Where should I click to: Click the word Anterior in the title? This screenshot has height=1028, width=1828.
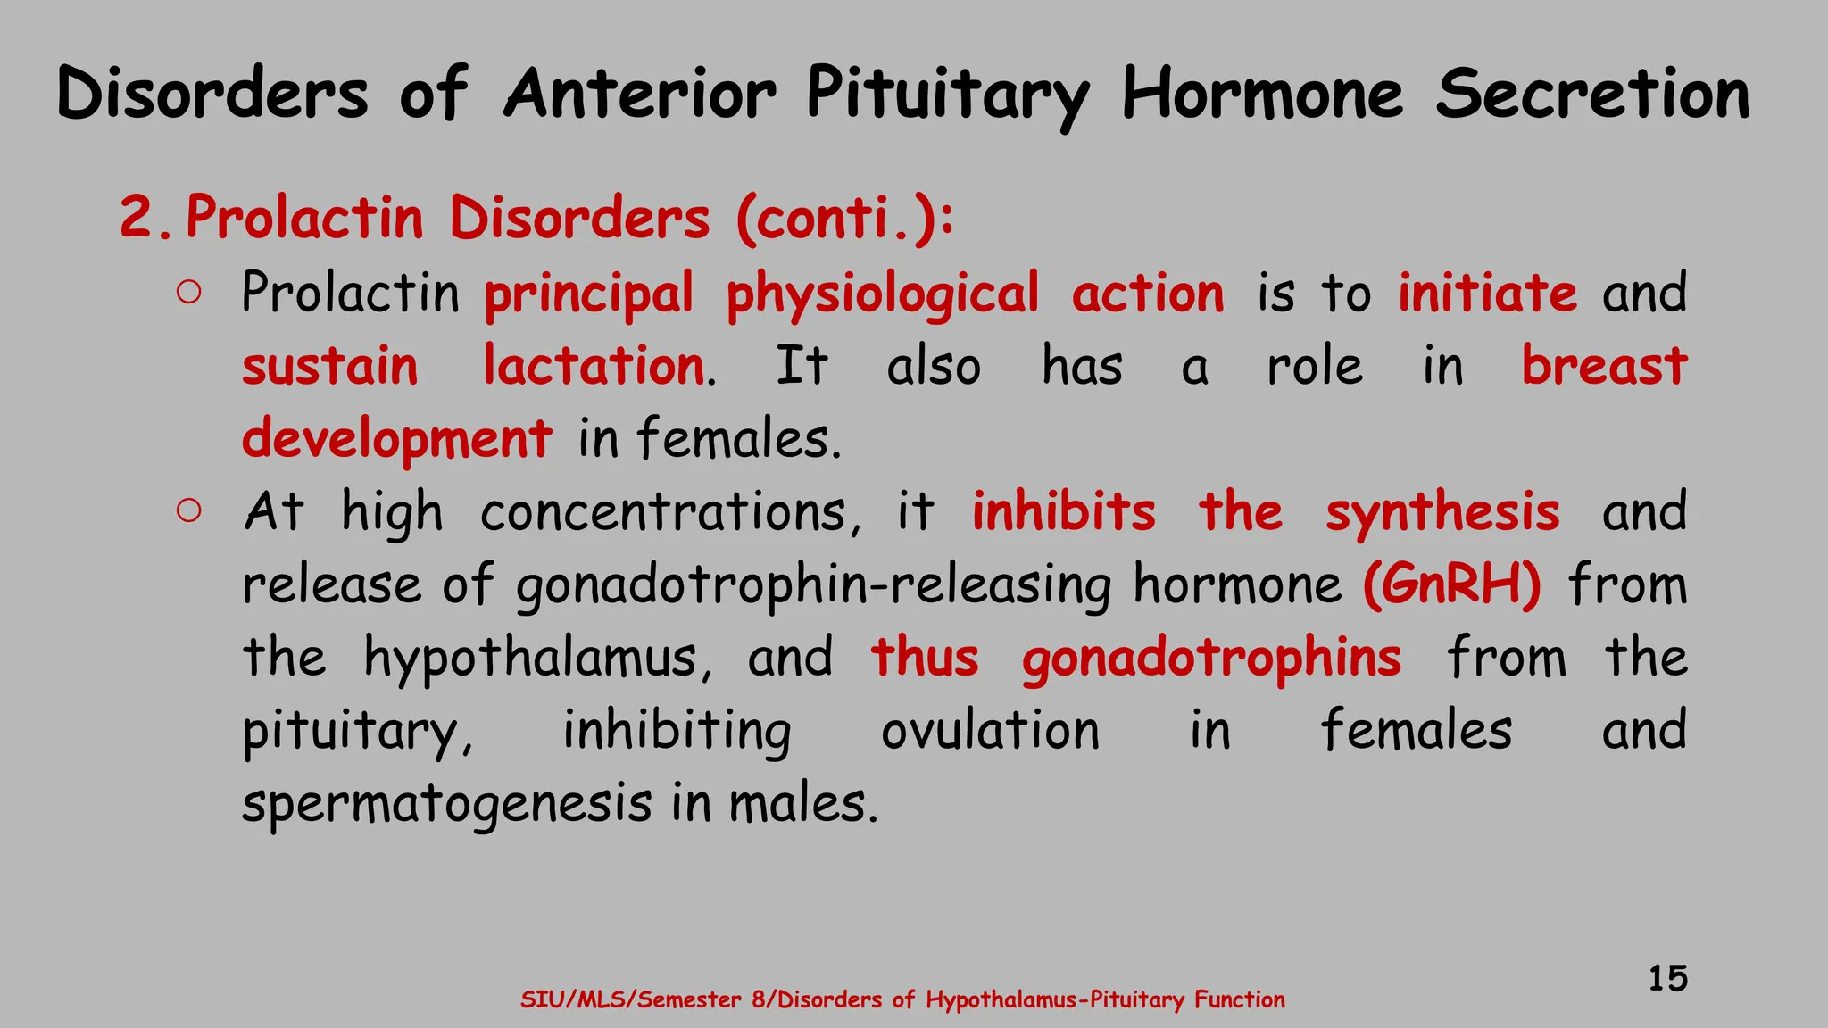640,94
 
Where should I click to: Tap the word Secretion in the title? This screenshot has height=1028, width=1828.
1592,94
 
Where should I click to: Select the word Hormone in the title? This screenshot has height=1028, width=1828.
1262,94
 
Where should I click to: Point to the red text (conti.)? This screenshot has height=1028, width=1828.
844,219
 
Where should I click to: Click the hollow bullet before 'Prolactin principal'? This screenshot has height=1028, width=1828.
188,293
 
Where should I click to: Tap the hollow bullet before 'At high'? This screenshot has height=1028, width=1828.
188,510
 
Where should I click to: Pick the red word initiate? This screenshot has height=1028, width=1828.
1487,293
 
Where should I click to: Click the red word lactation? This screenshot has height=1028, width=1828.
594,366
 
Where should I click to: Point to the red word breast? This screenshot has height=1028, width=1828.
1604,366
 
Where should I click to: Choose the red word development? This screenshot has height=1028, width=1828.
396,440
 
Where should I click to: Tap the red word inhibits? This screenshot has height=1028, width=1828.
1063,511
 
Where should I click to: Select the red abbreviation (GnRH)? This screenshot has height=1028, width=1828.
1451,584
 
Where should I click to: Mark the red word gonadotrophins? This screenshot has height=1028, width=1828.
1211,659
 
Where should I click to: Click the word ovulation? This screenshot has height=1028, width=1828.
990,730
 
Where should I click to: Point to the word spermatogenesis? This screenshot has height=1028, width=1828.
446,804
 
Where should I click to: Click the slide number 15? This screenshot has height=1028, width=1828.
1667,978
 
